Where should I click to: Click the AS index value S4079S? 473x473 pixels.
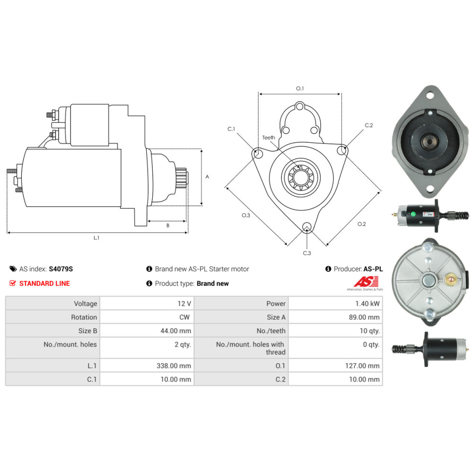click(61, 269)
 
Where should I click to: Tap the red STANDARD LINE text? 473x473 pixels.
click(44, 283)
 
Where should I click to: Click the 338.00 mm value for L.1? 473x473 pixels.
click(174, 366)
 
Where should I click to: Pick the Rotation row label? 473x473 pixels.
click(84, 317)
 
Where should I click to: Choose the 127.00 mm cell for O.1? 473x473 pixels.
click(362, 366)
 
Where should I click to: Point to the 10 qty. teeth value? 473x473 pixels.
click(369, 331)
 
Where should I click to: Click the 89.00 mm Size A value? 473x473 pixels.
click(364, 317)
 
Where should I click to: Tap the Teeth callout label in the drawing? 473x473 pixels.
click(269, 138)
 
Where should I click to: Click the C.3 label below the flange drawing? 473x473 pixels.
click(307, 253)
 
